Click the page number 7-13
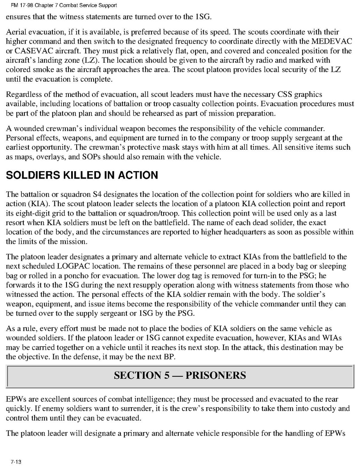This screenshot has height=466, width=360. tap(16, 462)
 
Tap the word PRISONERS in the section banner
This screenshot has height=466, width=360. tap(216, 375)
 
